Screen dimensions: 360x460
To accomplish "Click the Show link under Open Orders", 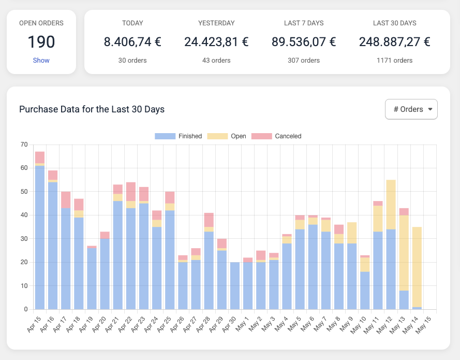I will click(x=41, y=61).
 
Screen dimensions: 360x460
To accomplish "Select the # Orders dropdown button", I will click(x=411, y=109).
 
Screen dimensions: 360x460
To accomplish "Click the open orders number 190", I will click(x=41, y=42).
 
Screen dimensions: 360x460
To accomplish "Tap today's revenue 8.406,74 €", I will click(x=132, y=42).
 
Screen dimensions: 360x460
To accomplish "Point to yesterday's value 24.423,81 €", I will click(x=216, y=42).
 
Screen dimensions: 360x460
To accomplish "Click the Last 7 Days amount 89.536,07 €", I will click(x=303, y=42).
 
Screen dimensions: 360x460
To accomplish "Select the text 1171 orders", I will click(x=394, y=61).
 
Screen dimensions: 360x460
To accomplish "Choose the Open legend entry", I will click(x=227, y=136).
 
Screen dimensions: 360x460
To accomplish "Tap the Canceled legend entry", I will click(x=276, y=136).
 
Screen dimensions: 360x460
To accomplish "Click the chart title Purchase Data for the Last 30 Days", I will click(x=92, y=109).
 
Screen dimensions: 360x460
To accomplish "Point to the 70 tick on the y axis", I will click(x=24, y=145).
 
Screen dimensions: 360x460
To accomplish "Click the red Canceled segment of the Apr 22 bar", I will click(x=131, y=191).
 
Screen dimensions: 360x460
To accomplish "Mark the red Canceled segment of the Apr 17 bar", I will click(x=66, y=200).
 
